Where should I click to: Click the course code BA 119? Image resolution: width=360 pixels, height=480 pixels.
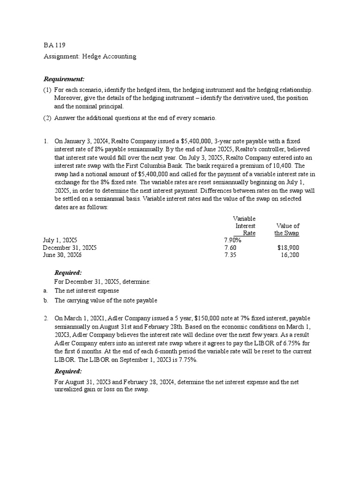coord(54,45)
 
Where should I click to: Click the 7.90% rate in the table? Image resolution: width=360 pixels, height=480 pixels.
coord(232,240)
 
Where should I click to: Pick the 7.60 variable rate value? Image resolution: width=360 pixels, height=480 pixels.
coord(230,247)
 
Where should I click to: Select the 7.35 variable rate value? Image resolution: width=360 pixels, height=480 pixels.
coord(230,255)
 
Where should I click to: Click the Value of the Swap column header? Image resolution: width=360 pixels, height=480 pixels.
coord(287,229)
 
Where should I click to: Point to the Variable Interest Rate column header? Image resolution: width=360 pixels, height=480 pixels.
coord(244,225)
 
